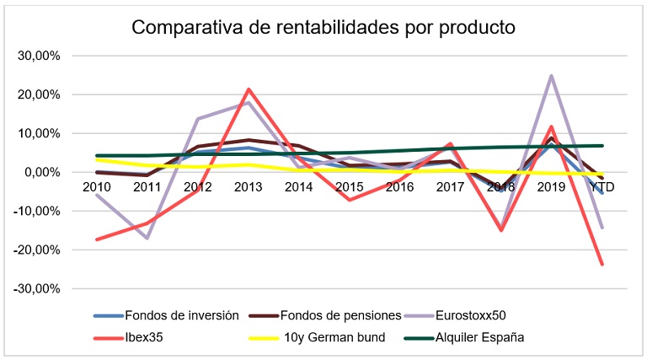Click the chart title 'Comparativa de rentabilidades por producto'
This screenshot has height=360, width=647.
323,27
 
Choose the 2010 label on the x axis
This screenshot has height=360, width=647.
97,186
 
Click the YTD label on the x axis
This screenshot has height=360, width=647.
602,186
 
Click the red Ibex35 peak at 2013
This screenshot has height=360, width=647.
249,89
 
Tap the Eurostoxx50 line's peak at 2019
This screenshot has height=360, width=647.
552,76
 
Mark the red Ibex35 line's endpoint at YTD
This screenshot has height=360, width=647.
602,264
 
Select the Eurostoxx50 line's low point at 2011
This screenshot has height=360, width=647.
147,238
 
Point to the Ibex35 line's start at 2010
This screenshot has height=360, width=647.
97,239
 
